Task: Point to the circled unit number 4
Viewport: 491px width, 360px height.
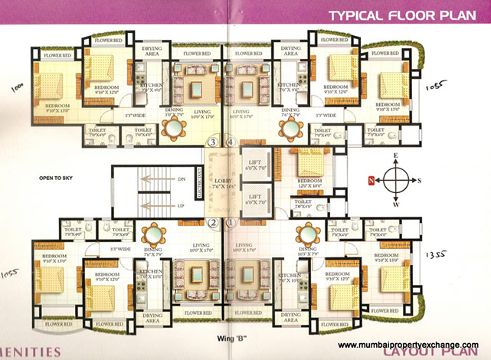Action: point(231,142)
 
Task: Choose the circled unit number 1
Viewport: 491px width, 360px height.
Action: point(231,223)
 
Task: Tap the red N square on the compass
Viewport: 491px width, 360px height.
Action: point(372,181)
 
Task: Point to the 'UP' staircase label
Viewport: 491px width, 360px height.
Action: point(181,207)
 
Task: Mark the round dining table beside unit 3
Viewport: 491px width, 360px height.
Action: point(175,127)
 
